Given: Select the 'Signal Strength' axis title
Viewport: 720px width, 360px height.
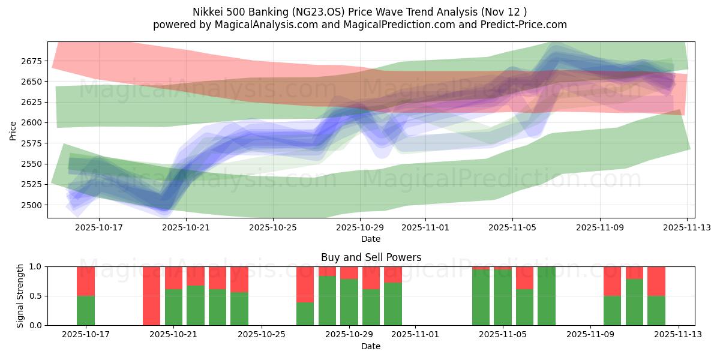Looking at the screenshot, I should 20,296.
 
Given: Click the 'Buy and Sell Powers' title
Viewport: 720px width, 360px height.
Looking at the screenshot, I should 371,257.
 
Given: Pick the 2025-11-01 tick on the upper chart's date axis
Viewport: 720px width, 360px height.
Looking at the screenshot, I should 425,228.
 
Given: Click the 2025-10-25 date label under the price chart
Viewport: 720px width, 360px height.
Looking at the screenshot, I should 273,228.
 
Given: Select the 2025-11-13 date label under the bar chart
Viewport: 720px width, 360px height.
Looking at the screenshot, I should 679,335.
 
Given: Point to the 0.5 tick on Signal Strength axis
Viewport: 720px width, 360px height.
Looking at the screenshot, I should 34,296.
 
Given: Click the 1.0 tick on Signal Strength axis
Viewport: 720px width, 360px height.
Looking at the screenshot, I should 34,266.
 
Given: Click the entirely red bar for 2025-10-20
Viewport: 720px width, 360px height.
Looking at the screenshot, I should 151,296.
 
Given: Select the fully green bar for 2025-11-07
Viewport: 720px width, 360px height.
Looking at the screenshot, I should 547,296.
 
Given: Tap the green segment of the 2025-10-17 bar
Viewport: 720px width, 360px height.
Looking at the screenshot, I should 86,311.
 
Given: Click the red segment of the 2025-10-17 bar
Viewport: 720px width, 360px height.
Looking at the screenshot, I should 86,281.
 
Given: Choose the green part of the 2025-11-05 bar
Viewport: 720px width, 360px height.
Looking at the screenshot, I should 503,298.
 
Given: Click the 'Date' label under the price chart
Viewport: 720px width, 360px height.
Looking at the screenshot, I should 371,239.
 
